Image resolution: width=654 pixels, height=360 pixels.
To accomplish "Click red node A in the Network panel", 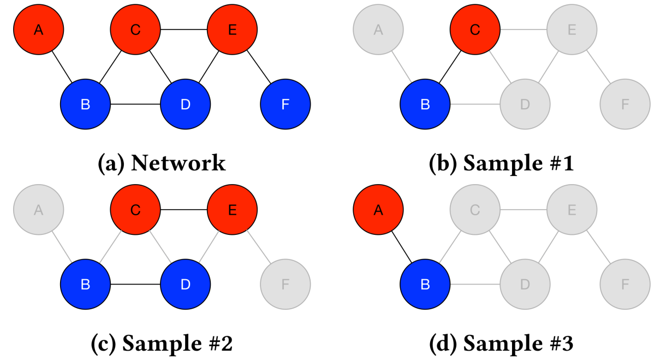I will coord(38,29).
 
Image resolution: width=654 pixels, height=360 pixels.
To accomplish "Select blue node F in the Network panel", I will coord(285,104).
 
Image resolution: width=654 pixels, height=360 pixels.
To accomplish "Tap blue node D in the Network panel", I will coord(185,104).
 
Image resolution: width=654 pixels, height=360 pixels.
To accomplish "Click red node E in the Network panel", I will coord(232,29).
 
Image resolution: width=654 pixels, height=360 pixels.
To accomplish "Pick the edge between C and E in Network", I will coord(183,29).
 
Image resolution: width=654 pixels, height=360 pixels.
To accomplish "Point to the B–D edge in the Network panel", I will coord(135,104).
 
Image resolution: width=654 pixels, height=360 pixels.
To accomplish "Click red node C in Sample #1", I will coord(475,29).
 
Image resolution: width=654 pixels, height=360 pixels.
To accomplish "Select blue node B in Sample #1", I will coord(425,104).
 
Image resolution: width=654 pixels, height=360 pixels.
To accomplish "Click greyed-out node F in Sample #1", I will coord(625,104).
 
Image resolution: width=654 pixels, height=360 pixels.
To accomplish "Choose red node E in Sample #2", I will coord(232,209).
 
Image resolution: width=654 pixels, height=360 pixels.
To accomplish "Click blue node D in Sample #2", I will coord(185,284).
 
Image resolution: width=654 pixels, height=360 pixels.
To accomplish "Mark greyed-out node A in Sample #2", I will coord(38,209).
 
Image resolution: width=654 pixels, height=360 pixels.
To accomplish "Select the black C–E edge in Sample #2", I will coord(183,209).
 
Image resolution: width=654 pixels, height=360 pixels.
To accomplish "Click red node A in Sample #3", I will coord(378,209).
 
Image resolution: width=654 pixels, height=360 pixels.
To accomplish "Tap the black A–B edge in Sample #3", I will coord(401,246).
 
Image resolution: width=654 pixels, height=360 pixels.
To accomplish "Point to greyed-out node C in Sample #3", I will coord(475,209).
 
